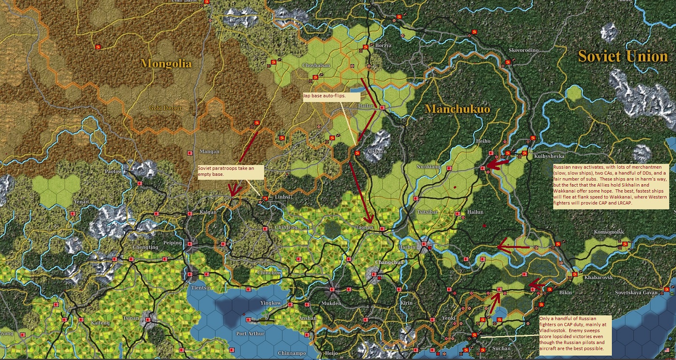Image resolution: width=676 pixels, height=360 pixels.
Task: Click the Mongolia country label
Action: pos(166,64)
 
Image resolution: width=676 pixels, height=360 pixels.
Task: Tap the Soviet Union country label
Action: pos(623,56)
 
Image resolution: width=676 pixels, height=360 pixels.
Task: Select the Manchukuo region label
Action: pos(457,109)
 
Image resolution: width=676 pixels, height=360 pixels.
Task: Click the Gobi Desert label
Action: pos(165,108)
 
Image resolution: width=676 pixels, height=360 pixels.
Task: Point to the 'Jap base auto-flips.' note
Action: pos(332,97)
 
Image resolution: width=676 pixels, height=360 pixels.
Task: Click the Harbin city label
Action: pos(408,247)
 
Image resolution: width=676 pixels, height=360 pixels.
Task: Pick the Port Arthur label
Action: pos(251,334)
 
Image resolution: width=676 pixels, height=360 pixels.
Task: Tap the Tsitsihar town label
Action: pos(428,212)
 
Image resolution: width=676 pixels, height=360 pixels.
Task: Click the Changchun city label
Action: pos(389,262)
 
